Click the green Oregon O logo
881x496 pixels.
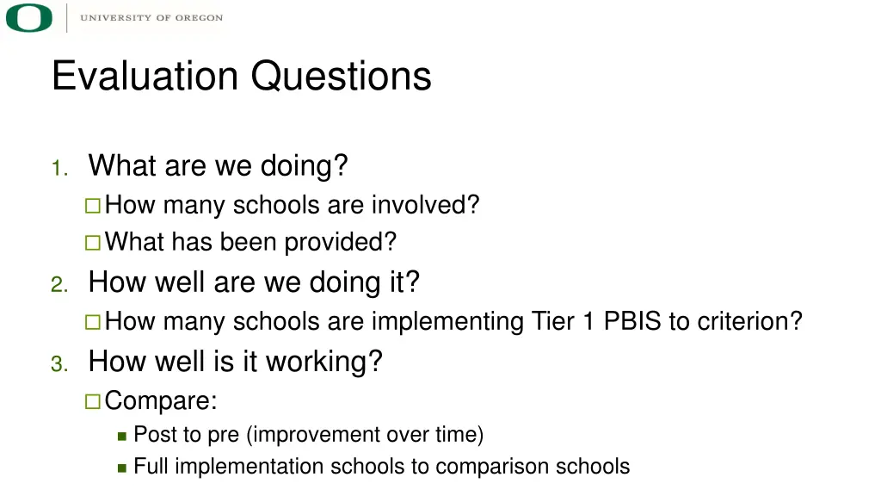(29, 18)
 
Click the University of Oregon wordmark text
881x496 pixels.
(151, 18)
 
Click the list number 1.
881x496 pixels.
(59, 169)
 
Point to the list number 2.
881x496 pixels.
(59, 286)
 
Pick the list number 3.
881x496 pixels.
(59, 365)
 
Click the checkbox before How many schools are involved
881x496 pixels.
(93, 206)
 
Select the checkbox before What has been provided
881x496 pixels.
(93, 243)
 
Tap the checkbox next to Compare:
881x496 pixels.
(93, 401)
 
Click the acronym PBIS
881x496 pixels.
(632, 321)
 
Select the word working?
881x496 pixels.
(323, 362)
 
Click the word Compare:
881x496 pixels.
(161, 401)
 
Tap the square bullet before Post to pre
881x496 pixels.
(122, 436)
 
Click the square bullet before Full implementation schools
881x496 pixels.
(122, 468)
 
